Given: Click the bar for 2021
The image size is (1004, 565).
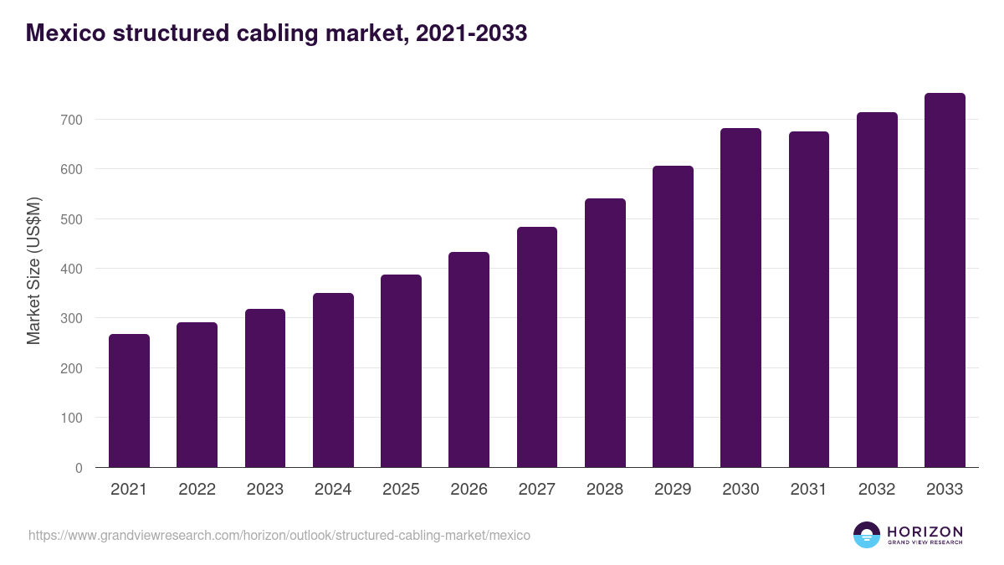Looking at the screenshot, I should click(x=129, y=401).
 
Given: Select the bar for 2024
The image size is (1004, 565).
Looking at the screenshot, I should click(x=333, y=380).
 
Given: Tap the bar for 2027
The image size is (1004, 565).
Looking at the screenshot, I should click(x=537, y=347).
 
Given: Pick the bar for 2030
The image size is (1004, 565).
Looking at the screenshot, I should click(x=740, y=298).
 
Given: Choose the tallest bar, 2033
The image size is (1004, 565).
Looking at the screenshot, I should click(x=945, y=280).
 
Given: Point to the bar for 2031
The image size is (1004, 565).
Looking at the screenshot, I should click(x=808, y=300).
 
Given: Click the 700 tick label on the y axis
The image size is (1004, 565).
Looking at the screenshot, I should click(x=72, y=120).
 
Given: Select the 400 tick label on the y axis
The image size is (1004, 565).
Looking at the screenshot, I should click(x=72, y=269).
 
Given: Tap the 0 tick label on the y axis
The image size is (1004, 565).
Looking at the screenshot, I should click(x=79, y=468).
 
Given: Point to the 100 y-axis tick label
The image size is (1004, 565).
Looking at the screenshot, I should click(x=72, y=418).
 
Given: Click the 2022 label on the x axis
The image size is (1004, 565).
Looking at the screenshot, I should click(x=197, y=490).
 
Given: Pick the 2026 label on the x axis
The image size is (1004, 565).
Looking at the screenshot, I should click(x=469, y=490).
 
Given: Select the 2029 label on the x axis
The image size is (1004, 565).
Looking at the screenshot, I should click(x=673, y=490).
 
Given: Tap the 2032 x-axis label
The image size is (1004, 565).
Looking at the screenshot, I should click(x=877, y=490).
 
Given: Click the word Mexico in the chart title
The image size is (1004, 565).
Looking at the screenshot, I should click(x=64, y=33).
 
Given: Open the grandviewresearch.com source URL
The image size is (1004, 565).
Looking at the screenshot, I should click(x=279, y=535).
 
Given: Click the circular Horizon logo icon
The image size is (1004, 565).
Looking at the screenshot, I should click(x=867, y=535).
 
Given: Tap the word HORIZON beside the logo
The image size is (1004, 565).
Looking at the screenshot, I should click(x=925, y=531).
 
